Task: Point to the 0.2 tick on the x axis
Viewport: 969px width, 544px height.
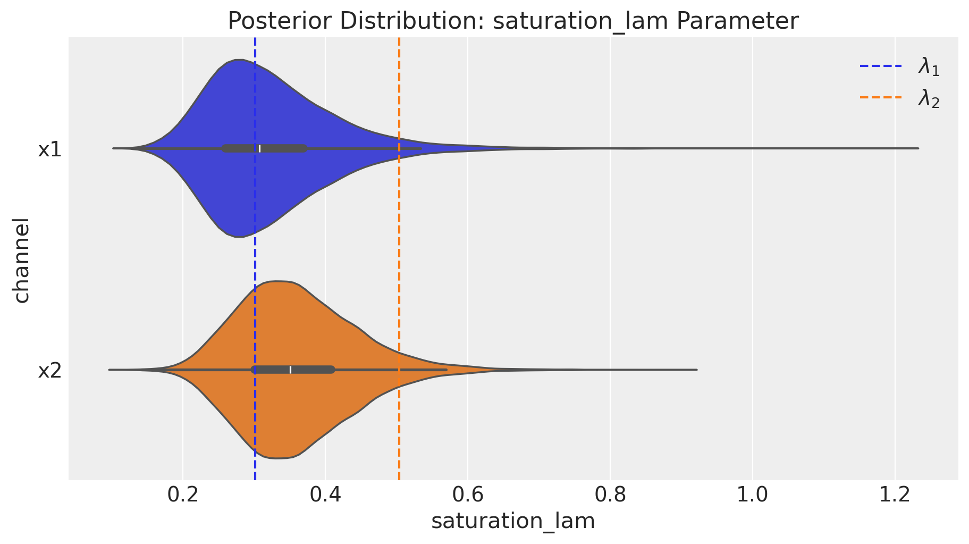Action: pyautogui.click(x=183, y=495)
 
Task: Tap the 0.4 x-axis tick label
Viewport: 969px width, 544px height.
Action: pyautogui.click(x=325, y=495)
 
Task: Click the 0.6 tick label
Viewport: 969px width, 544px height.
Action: pyautogui.click(x=468, y=495)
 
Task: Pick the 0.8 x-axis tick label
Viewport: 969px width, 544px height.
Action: pyautogui.click(x=610, y=495)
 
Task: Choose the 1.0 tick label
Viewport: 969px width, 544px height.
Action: pyautogui.click(x=753, y=495)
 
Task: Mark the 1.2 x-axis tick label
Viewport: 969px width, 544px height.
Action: pyautogui.click(x=895, y=495)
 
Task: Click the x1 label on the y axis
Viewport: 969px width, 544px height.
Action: pyautogui.click(x=49, y=149)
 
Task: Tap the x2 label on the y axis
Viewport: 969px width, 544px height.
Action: pyautogui.click(x=49, y=371)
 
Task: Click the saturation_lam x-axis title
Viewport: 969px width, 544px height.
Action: pyautogui.click(x=513, y=521)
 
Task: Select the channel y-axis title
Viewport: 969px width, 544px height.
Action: pyautogui.click(x=21, y=260)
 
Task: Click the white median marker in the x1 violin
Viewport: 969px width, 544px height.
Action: pyautogui.click(x=259, y=148)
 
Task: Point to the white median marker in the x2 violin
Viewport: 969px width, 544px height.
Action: pyautogui.click(x=291, y=370)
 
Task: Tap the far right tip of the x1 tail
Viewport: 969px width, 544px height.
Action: pyautogui.click(x=918, y=148)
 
